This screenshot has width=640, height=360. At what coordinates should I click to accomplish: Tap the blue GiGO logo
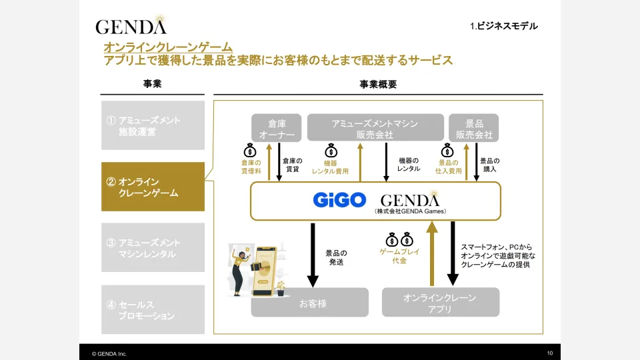(339, 200)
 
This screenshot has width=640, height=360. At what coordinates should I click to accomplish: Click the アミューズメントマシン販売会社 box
(375, 128)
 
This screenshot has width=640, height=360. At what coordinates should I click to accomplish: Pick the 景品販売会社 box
(473, 128)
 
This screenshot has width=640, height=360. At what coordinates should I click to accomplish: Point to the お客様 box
(309, 303)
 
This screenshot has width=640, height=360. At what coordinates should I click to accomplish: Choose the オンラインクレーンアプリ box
(440, 303)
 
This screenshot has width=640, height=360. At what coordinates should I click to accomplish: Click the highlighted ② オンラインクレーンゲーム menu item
(153, 187)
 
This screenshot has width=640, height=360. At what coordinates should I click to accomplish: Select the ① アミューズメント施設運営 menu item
(153, 126)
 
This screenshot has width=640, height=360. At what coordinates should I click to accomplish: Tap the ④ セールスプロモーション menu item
(153, 310)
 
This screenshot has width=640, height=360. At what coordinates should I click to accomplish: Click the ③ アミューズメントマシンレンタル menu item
(153, 249)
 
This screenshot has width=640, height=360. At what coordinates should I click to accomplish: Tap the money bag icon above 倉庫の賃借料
(250, 150)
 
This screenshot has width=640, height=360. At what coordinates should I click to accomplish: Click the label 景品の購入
(489, 165)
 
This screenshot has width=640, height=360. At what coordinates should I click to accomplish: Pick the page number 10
(549, 353)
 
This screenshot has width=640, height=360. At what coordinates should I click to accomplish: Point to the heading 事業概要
(378, 85)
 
